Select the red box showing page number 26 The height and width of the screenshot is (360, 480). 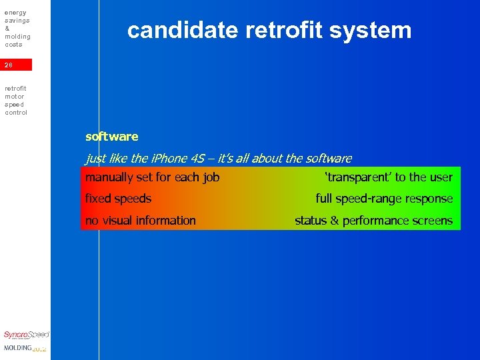click(x=16, y=65)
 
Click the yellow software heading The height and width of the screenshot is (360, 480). click(x=112, y=137)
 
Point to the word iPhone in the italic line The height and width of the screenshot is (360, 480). click(x=169, y=159)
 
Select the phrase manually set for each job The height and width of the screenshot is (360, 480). click(x=152, y=177)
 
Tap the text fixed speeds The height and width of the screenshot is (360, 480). click(x=118, y=199)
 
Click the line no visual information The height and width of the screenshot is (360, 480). click(x=140, y=221)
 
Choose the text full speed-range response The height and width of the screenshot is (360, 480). click(x=384, y=199)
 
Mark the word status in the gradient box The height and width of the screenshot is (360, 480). click(x=311, y=221)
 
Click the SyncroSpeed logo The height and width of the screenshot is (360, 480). click(x=26, y=335)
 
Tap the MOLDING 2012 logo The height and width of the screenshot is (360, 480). click(x=25, y=348)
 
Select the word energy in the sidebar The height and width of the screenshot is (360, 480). click(x=15, y=13)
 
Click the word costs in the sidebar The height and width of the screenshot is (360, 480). click(x=13, y=45)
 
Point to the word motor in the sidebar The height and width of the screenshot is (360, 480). click(x=14, y=97)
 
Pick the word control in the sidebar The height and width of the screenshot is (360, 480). click(x=16, y=113)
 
